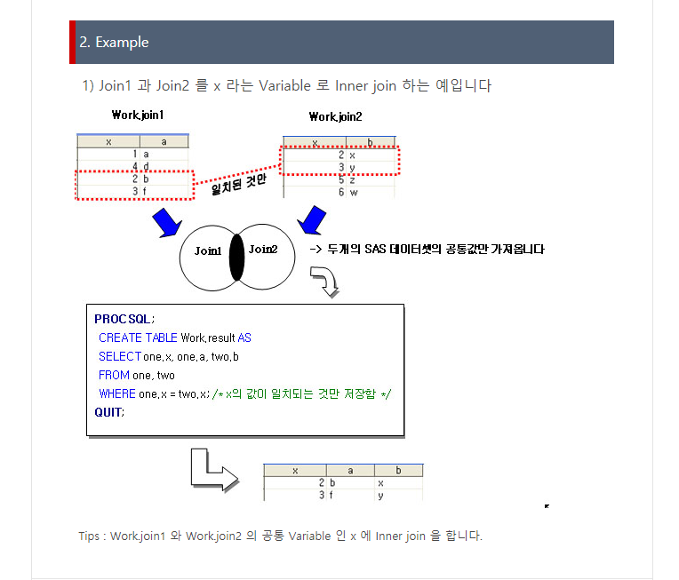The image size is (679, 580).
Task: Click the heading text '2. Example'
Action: point(114,43)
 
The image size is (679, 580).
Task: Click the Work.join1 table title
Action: point(138,115)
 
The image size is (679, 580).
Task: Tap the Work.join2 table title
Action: point(336,117)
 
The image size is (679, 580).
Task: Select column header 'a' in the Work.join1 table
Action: point(164,142)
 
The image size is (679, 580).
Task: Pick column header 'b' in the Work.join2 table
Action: point(371,142)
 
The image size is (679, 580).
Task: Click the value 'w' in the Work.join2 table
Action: point(354,193)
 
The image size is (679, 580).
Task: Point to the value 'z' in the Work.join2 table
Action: point(352,180)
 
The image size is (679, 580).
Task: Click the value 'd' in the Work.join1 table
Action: point(146,167)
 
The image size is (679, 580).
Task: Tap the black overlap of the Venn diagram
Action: point(237,258)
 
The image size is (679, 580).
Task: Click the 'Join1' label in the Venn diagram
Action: point(208,251)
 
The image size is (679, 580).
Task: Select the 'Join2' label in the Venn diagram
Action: point(263,250)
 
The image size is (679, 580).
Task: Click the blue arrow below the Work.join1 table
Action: point(167,223)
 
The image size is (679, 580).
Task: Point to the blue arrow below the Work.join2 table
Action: point(311,220)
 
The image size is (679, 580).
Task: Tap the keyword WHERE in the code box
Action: point(117,393)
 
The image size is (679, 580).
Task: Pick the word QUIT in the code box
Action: point(108,412)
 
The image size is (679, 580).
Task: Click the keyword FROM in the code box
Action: point(114,376)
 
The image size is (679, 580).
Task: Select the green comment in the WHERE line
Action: point(301,393)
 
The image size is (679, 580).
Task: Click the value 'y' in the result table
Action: point(380,496)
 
